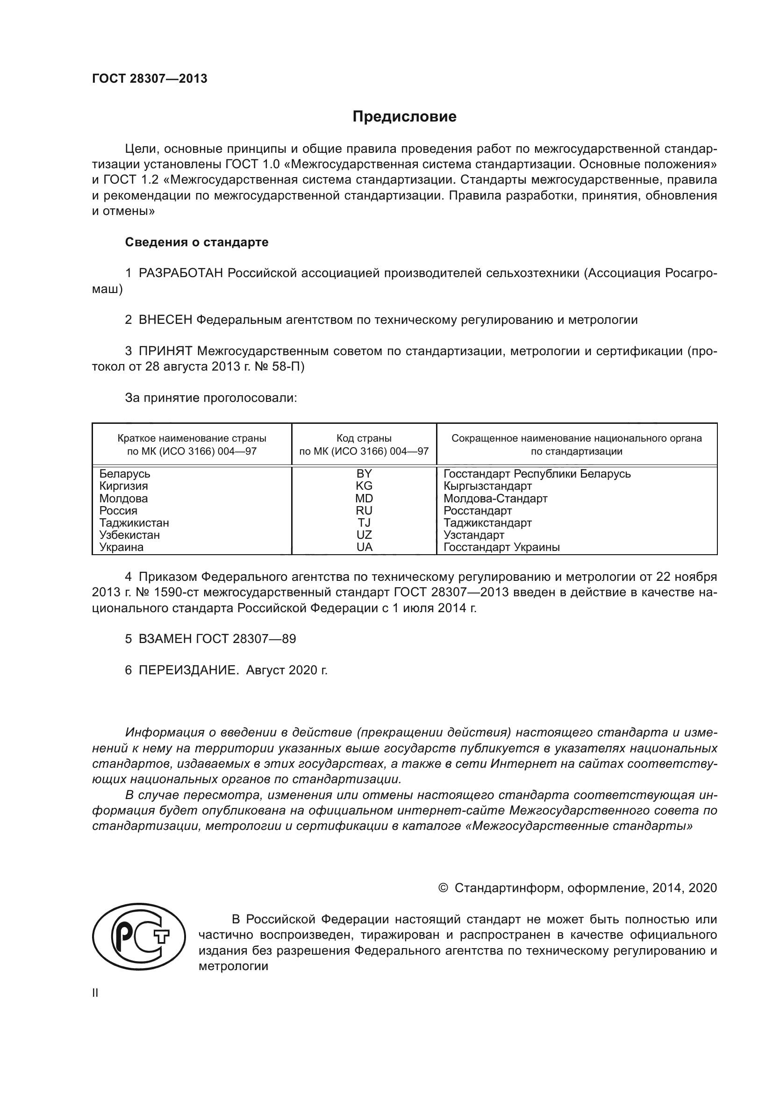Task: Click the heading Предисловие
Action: tap(404, 117)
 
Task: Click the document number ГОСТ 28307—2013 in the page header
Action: tap(150, 79)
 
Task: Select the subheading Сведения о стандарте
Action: tap(197, 243)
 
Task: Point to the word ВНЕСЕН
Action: tap(165, 320)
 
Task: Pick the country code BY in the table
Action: tap(364, 474)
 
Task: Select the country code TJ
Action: tap(364, 523)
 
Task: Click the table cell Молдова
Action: tap(124, 499)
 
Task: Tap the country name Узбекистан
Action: tap(129, 535)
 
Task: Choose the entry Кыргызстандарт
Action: tap(487, 486)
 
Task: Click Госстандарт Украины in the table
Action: tap(501, 548)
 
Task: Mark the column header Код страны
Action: tap(364, 438)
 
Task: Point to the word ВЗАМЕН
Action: tap(165, 639)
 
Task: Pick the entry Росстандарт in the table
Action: tap(478, 511)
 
